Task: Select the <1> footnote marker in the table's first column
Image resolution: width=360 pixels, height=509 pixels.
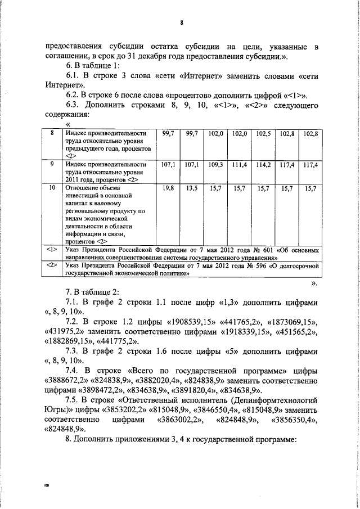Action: (x=52, y=248)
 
